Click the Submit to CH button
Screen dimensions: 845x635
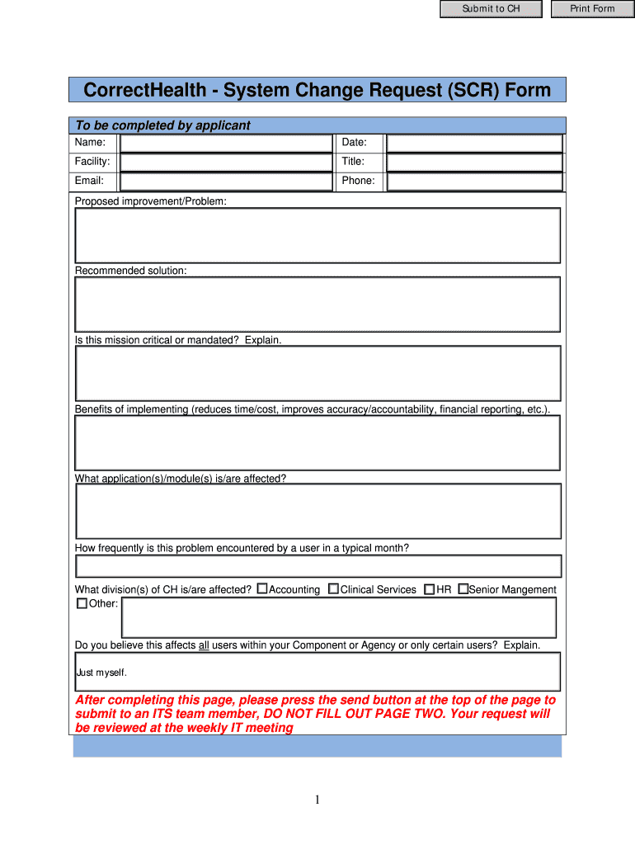coord(491,9)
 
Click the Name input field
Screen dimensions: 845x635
coord(225,143)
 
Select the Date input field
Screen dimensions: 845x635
coord(474,143)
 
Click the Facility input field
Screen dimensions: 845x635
coord(225,162)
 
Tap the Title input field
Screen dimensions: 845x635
coord(474,162)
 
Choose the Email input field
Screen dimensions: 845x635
coord(225,182)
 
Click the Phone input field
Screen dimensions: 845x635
coord(474,182)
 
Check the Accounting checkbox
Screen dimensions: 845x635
coord(262,589)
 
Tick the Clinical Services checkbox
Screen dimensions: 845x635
coord(333,589)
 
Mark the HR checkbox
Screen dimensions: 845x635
coord(430,589)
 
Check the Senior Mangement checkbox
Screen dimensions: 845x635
coord(463,589)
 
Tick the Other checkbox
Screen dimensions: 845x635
coord(82,603)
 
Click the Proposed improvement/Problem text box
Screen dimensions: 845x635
coord(317,235)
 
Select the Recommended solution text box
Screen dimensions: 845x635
coord(317,304)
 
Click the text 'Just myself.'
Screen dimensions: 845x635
coord(101,673)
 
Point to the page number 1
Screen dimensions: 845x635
coord(317,800)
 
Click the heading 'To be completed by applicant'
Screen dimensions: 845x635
coord(162,125)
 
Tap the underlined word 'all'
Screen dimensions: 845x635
coord(204,645)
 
